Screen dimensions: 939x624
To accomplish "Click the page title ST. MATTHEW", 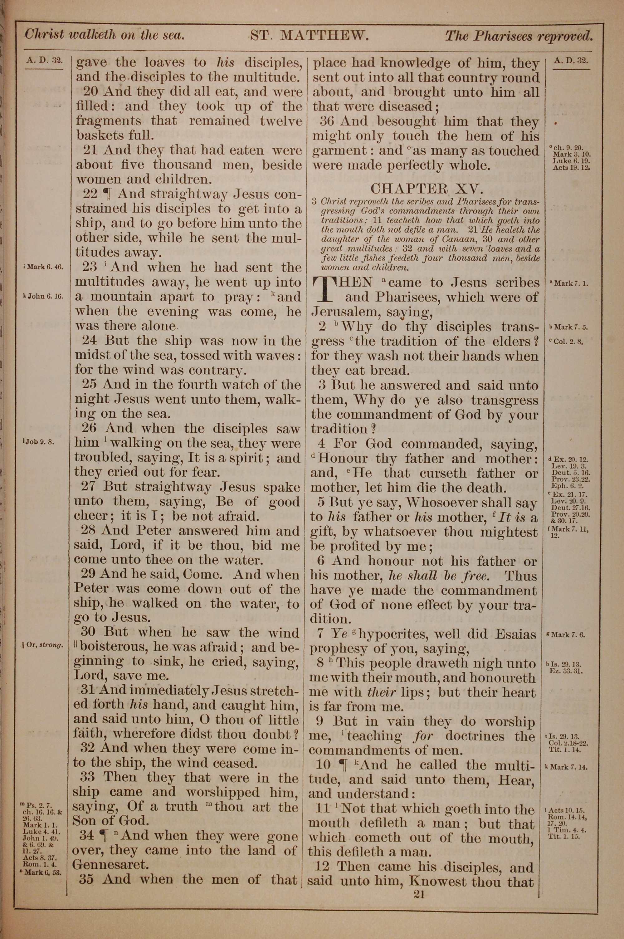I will [x=309, y=36].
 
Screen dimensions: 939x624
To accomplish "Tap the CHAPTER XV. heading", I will [x=426, y=188].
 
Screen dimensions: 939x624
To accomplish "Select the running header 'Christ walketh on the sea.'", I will [x=105, y=35].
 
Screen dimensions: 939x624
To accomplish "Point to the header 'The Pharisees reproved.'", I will [x=519, y=36].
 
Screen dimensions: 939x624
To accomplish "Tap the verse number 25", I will [x=90, y=385].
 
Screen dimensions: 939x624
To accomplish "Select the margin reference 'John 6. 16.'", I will [x=43, y=296].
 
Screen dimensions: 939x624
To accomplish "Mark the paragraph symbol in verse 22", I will [x=106, y=194].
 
